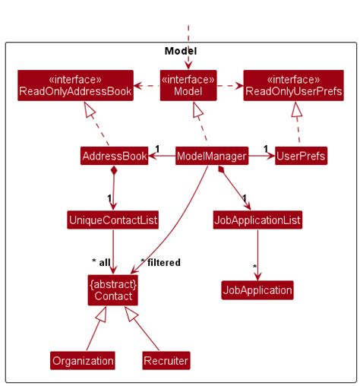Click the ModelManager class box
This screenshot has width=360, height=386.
click(x=211, y=157)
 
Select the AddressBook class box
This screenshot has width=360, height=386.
click(x=114, y=157)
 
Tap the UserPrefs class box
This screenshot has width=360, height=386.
click(x=301, y=157)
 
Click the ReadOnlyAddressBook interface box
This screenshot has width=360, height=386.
click(x=75, y=86)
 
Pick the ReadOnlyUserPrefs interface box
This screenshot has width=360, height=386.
click(x=292, y=86)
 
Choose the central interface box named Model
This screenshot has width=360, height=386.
click(x=188, y=86)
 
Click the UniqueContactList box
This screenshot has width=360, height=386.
click(x=112, y=220)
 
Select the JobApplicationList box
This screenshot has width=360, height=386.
click(x=257, y=220)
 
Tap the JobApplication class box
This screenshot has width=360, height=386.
click(x=257, y=290)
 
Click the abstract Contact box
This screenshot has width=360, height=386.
click(x=112, y=290)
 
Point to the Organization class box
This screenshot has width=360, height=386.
click(x=83, y=360)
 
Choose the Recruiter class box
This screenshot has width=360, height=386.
click(x=166, y=360)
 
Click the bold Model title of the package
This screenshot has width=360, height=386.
click(x=181, y=51)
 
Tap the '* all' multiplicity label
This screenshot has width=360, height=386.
click(x=101, y=262)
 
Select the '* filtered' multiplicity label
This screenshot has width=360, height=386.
click(x=160, y=262)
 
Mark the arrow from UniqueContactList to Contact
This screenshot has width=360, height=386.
click(x=112, y=251)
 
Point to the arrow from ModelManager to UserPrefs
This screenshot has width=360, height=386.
click(x=262, y=157)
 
